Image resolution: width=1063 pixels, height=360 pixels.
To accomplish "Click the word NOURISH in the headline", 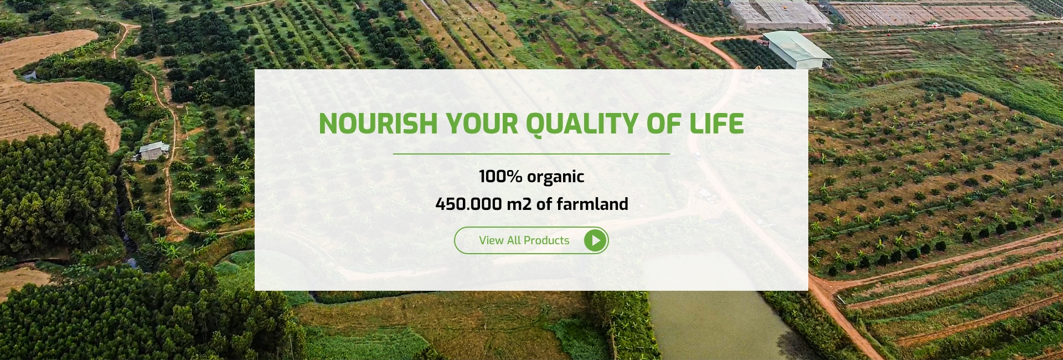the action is (378, 124).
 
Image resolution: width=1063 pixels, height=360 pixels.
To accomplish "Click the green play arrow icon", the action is (596, 240).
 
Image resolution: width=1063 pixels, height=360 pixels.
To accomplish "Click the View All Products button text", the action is (524, 240).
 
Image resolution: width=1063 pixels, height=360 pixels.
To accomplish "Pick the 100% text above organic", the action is (500, 176).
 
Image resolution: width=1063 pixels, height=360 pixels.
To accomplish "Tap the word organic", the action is (555, 177).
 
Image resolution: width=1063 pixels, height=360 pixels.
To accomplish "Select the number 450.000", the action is (468, 204).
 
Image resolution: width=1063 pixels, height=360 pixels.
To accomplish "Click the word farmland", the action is (592, 203).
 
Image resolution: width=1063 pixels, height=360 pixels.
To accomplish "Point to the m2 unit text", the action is (519, 204).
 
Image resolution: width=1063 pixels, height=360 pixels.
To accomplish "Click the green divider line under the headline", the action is (531, 153).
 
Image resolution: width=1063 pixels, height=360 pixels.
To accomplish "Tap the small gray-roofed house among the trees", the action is (153, 151).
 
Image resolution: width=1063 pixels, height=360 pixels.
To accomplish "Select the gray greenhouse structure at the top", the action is (778, 14).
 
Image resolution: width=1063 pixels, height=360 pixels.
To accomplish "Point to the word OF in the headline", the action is (664, 124).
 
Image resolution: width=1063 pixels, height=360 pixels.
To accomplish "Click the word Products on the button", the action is (546, 240).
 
